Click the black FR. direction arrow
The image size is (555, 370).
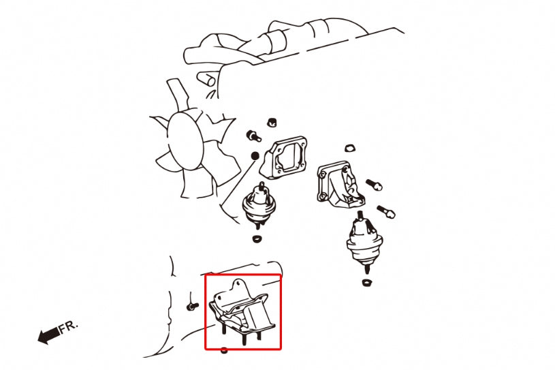tap(49, 335)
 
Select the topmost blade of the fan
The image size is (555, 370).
tap(178, 93)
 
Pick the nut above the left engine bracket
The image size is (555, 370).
tap(272, 122)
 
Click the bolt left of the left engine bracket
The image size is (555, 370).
tap(253, 136)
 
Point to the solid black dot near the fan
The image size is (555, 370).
tap(255, 156)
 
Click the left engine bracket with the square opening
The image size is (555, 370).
tap(283, 158)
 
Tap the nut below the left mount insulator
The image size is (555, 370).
tap(257, 238)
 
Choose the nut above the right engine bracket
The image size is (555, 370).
tap(350, 148)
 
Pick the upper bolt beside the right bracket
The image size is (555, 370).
tap(373, 185)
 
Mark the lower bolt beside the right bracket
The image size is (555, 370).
tap(386, 211)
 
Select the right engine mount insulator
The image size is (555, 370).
tap(364, 242)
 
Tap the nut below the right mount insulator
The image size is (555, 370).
tap(366, 282)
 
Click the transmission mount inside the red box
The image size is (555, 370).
tap(242, 312)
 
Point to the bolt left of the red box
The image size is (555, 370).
tap(192, 306)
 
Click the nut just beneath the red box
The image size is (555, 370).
tap(223, 350)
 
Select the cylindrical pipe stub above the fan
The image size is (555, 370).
tap(206, 79)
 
